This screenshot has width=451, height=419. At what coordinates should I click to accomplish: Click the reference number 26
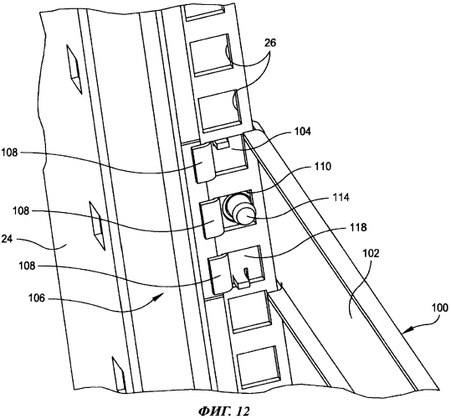(269, 43)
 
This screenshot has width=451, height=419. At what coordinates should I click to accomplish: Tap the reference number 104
(303, 132)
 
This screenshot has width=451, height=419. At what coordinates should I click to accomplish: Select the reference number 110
(322, 167)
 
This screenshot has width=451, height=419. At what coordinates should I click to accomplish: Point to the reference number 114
(341, 198)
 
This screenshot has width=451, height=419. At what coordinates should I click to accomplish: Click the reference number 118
(358, 227)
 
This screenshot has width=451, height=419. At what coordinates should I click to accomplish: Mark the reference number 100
(439, 308)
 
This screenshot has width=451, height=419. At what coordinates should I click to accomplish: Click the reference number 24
(8, 239)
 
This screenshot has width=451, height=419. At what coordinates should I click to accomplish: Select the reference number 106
(37, 298)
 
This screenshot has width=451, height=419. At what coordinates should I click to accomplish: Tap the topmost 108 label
(10, 153)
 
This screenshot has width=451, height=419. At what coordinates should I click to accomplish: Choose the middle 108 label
(21, 211)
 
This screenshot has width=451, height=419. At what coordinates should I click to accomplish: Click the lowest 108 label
(27, 266)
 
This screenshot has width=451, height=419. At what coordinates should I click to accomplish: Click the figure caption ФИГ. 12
(223, 411)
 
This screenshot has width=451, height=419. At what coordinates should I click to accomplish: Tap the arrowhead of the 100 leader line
(406, 329)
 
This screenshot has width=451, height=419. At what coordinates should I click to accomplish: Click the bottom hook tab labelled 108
(221, 274)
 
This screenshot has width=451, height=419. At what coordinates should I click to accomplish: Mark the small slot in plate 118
(247, 274)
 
